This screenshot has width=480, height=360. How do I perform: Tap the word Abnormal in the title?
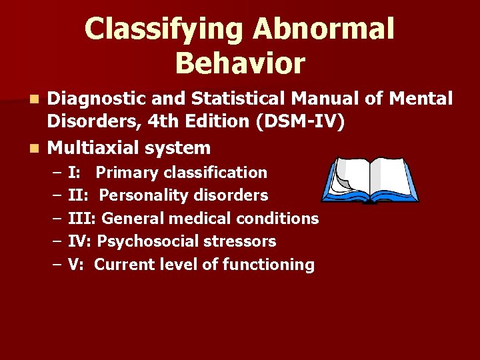[x=324, y=30]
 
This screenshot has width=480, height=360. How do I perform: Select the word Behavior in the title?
[x=240, y=64]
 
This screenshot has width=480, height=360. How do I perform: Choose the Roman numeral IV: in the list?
[x=82, y=241]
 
